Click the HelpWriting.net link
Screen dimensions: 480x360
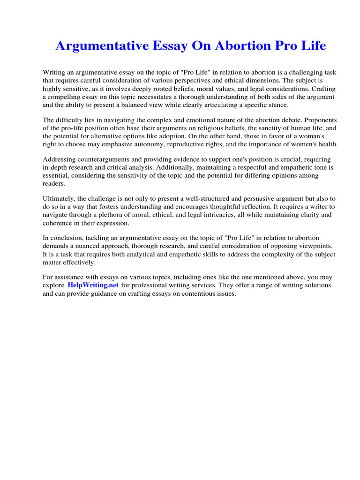(x=93, y=285)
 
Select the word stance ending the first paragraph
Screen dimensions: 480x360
(x=280, y=105)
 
